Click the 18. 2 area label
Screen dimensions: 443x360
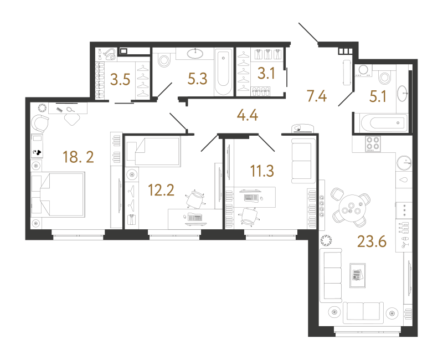point(78,157)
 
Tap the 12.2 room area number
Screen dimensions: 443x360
point(161,190)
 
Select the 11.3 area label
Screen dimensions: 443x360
point(262,171)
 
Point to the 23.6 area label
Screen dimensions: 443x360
point(372,241)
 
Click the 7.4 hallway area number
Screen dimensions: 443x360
point(317,96)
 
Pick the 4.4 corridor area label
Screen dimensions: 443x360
point(248,115)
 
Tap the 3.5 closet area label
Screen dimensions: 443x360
point(120,79)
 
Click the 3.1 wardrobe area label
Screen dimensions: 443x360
point(266,74)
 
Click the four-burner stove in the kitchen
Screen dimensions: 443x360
point(373,143)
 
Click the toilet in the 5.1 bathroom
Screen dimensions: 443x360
point(384,76)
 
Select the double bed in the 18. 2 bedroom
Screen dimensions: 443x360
point(58,195)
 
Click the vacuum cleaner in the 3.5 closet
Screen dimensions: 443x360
point(110,54)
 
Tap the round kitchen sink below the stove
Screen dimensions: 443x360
point(404,163)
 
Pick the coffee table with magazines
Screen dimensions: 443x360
point(357,275)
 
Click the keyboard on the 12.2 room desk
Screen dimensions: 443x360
point(195,218)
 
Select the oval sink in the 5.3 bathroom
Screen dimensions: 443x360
point(195,53)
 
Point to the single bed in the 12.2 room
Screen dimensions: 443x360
point(153,151)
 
